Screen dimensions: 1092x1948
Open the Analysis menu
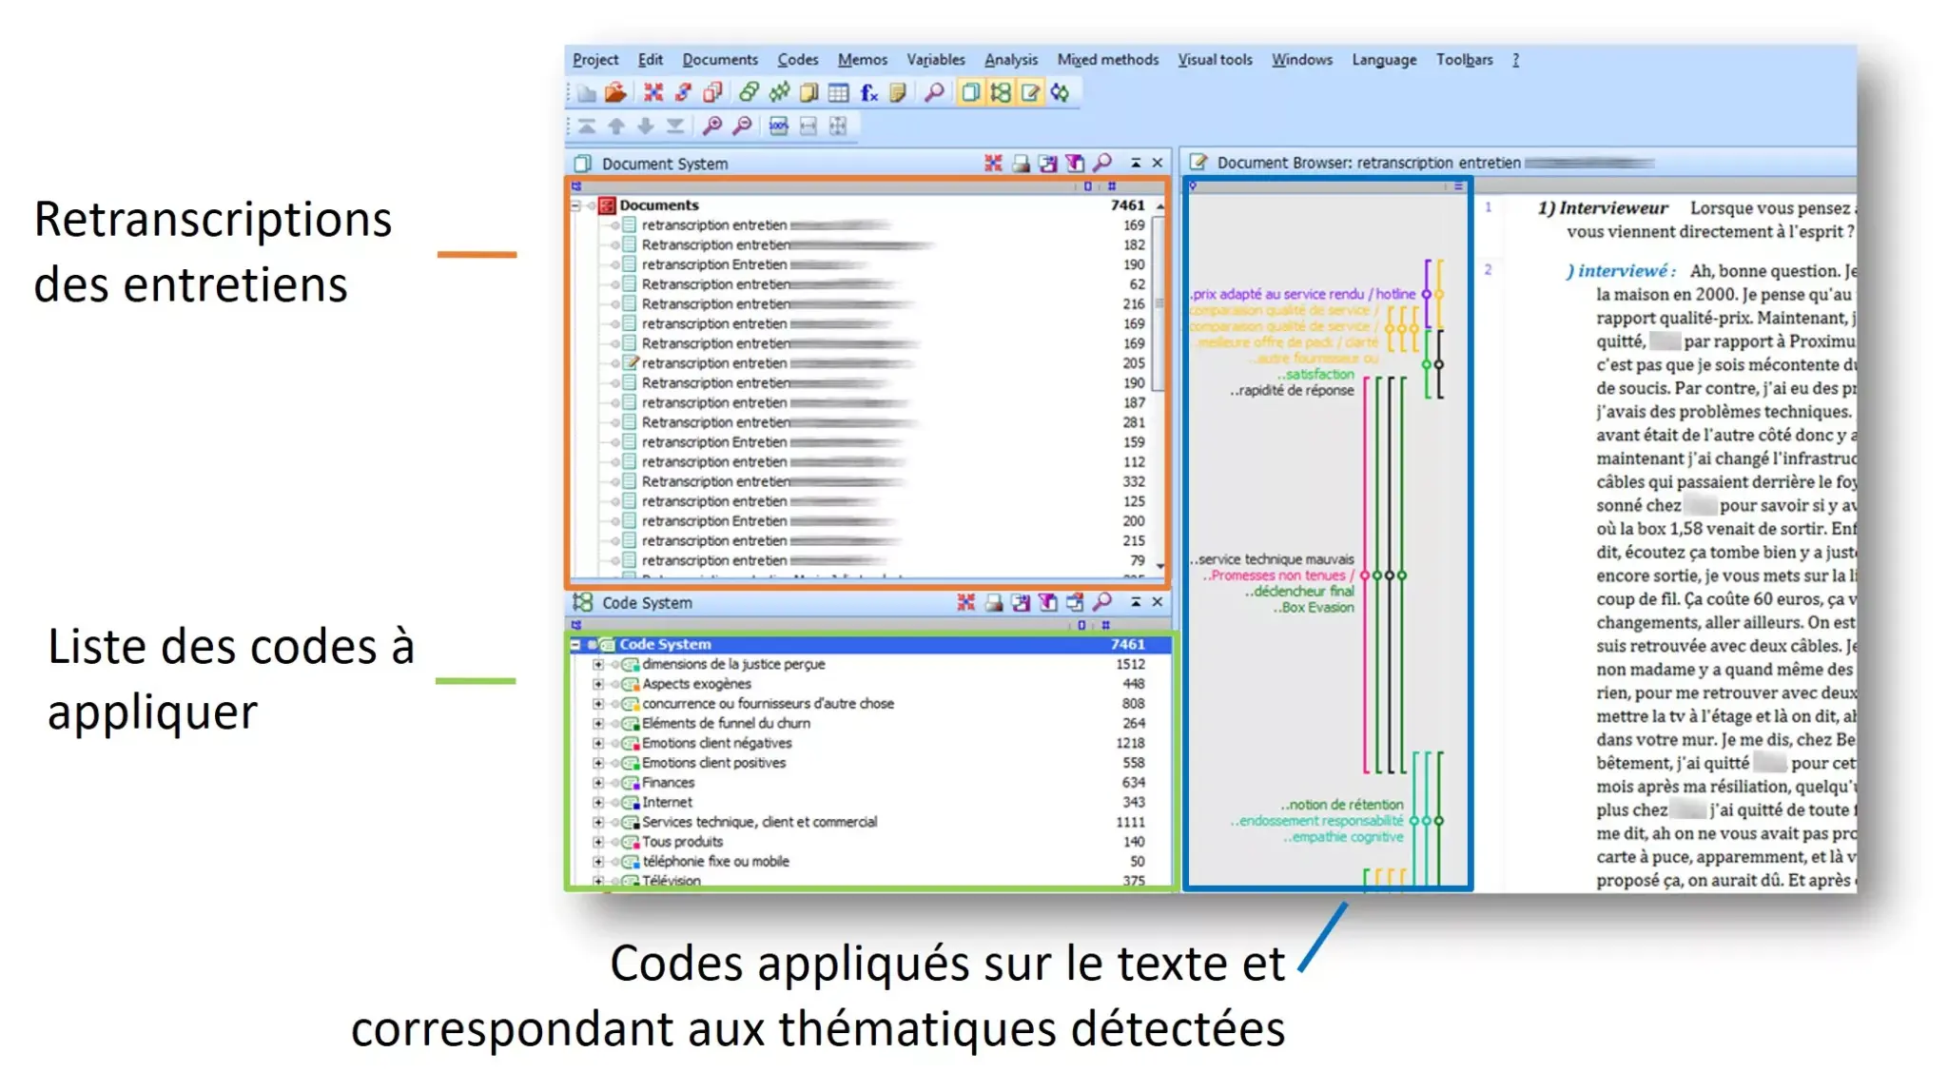[x=1010, y=60]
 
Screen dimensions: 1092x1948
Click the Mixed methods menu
[x=1107, y=60]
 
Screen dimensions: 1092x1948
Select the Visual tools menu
[x=1215, y=60]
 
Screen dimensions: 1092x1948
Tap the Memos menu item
[x=862, y=60]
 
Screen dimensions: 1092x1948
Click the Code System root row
[x=665, y=645]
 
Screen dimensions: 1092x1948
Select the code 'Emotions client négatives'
[x=716, y=744]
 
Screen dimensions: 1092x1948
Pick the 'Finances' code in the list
[x=668, y=783]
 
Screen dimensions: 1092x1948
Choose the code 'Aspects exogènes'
[x=696, y=684]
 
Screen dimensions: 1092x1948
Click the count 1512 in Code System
[x=1130, y=665]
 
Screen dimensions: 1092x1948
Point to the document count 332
[x=1133, y=482]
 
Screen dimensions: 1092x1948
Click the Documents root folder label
[x=658, y=205]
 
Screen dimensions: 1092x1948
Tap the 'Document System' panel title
[x=664, y=165]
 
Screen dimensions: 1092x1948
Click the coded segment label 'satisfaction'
[x=1319, y=375]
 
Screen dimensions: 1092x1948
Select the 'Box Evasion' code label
[x=1316, y=608]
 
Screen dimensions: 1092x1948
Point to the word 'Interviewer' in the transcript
[x=1613, y=208]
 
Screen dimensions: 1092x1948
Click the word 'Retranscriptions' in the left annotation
[x=213, y=220]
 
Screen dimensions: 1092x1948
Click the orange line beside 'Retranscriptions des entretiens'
[x=477, y=255]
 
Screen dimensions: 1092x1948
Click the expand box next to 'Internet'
[x=598, y=803]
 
